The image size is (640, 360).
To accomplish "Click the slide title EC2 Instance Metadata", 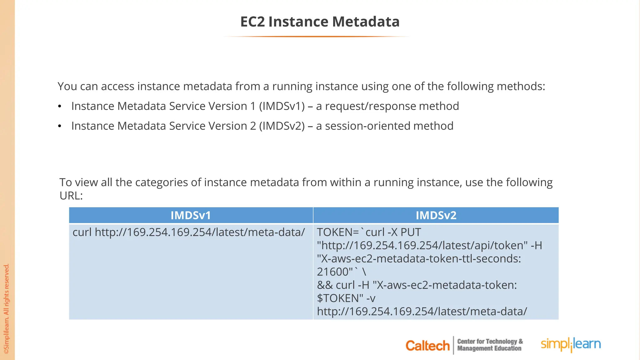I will tap(320, 22).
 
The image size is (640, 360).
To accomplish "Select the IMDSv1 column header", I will tap(191, 215).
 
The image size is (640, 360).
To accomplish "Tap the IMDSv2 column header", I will tap(436, 215).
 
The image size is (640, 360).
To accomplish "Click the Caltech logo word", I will tap(427, 346).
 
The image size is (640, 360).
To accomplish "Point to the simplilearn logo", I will tap(571, 344).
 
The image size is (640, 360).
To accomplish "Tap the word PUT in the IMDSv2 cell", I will tap(411, 232).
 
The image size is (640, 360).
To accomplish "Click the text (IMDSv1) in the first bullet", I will tap(282, 106).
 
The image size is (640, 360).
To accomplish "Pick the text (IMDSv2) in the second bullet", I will tap(282, 126).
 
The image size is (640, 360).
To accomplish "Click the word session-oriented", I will tap(367, 126).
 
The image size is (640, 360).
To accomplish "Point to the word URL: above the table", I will tap(71, 196).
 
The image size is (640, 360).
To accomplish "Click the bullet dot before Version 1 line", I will tap(60, 107).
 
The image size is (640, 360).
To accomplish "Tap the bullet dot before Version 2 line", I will tap(60, 127).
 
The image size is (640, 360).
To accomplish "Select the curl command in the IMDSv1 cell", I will tap(189, 232).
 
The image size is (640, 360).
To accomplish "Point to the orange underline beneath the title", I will tap(317, 37).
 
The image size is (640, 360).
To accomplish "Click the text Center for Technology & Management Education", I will tap(490, 345).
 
